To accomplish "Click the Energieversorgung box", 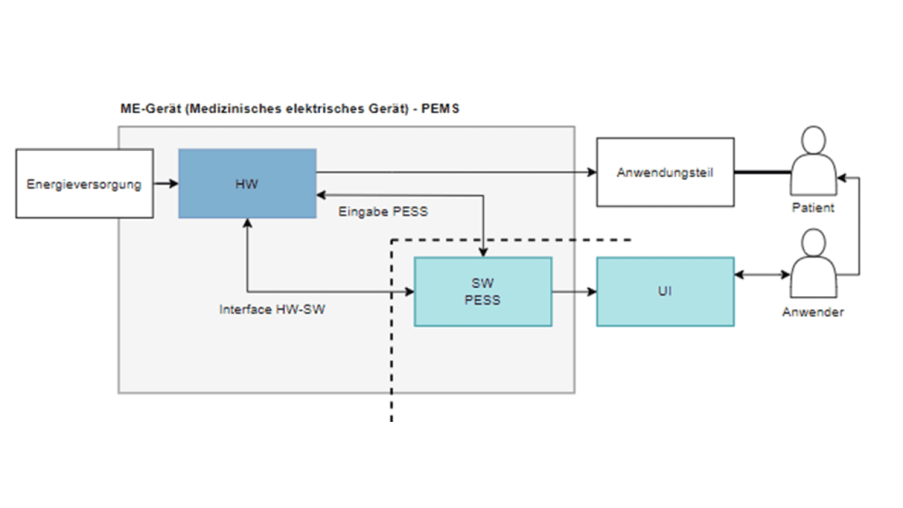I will [x=85, y=184].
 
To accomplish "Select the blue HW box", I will [x=247, y=184].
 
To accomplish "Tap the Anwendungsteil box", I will [x=665, y=172].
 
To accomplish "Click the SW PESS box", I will [x=483, y=292].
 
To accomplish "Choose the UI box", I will [x=665, y=292].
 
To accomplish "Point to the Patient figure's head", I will [x=813, y=140].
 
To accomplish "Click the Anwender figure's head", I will [x=813, y=243].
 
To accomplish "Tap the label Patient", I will [x=813, y=208].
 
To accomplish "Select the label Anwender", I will [x=813, y=312].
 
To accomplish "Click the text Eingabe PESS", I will [x=383, y=212].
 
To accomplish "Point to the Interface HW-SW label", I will [x=272, y=310].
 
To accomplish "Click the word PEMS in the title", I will [x=440, y=109].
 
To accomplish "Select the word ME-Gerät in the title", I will [x=150, y=109].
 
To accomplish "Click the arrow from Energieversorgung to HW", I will [x=166, y=183].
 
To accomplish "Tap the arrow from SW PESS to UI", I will [x=574, y=292].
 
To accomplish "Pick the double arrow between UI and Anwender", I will [x=762, y=275].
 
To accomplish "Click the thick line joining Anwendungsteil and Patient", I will [x=762, y=172].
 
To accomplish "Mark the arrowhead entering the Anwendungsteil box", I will [x=592, y=173].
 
